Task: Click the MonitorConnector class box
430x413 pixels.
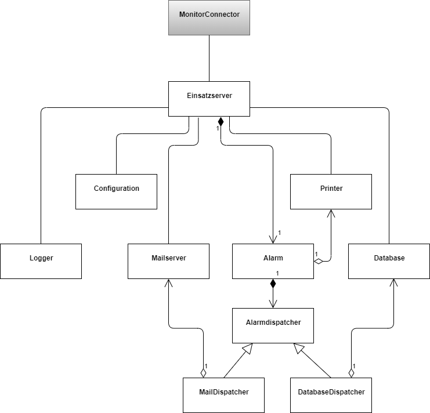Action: (209, 17)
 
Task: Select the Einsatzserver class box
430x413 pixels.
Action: (209, 99)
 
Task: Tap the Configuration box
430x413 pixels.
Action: (116, 191)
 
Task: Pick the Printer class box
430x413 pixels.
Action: (331, 191)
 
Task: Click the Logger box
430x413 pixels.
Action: (41, 261)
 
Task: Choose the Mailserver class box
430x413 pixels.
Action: (168, 261)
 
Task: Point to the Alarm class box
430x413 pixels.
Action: (273, 261)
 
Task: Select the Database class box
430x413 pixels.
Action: (389, 261)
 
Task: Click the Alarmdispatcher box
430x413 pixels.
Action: (273, 325)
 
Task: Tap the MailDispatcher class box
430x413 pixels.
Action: (223, 394)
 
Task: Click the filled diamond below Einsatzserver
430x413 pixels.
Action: (221, 122)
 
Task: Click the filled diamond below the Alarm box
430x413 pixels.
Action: (273, 284)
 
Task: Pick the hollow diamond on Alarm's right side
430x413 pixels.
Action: (319, 262)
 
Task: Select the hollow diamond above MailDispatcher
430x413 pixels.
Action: (204, 372)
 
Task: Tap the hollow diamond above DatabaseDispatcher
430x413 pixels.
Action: (352, 372)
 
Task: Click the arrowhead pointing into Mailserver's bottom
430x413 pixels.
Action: (168, 283)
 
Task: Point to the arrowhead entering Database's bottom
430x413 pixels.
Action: (394, 283)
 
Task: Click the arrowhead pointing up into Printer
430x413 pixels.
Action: (331, 213)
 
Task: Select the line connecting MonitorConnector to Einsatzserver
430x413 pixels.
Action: (209, 58)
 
